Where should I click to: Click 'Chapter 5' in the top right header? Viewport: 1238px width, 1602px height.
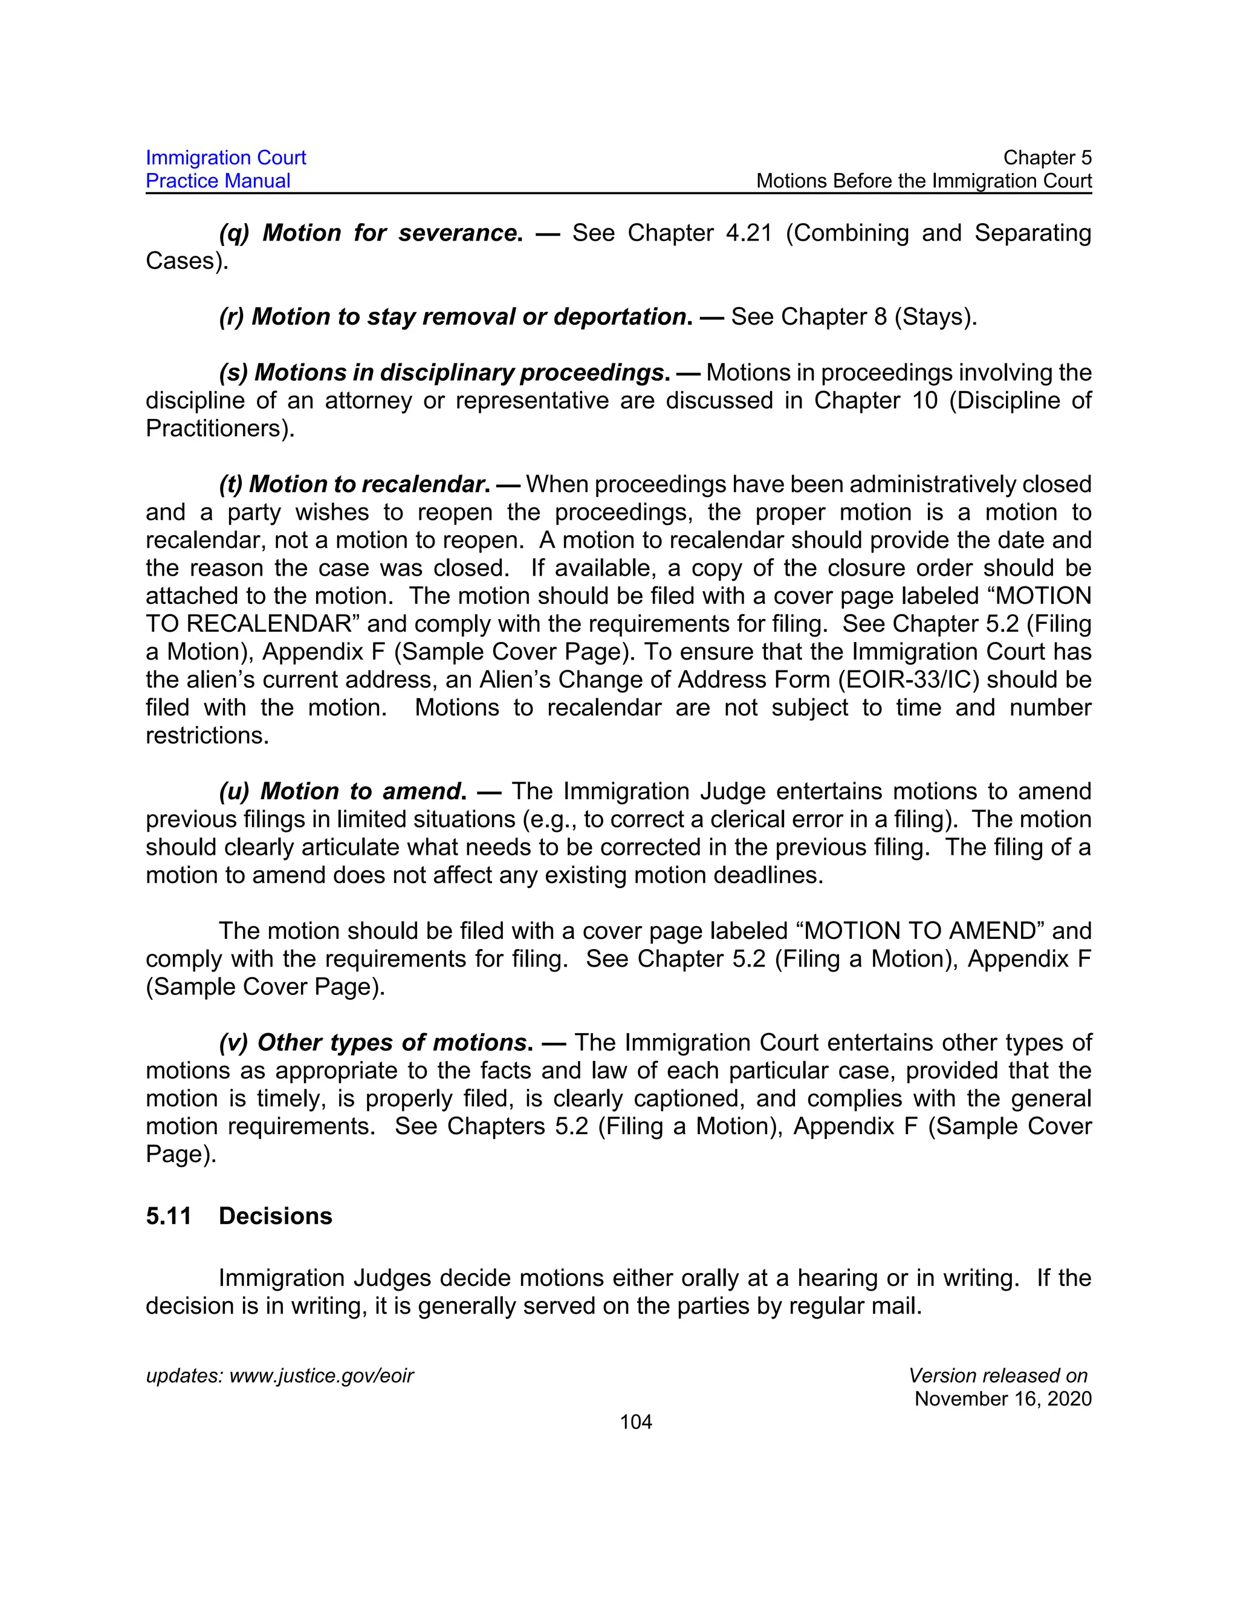tap(1046, 158)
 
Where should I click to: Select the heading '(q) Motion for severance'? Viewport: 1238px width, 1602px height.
tap(371, 233)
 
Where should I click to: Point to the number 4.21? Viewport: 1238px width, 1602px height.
tap(749, 233)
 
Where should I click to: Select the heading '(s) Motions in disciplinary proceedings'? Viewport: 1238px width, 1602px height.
tap(444, 372)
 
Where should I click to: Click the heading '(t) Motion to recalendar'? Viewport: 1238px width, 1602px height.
tap(354, 484)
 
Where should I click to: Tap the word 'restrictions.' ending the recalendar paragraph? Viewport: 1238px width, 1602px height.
tap(207, 736)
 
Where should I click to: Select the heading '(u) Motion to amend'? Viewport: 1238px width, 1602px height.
tap(342, 791)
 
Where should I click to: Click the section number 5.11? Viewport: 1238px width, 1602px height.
tap(168, 1216)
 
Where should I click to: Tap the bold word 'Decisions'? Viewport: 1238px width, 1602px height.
tap(275, 1216)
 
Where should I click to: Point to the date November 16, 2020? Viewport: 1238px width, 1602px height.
tap(1003, 1399)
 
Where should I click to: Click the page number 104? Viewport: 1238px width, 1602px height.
tap(635, 1422)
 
